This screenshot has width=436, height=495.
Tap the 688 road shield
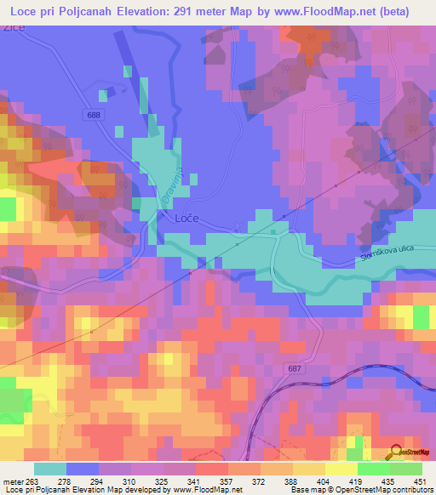[x=92, y=113]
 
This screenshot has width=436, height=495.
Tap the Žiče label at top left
[x=12, y=27]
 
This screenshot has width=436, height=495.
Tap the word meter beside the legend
[x=13, y=481]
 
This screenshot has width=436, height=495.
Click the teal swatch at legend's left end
[x=50, y=469]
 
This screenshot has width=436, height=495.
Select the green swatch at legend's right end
[x=405, y=469]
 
